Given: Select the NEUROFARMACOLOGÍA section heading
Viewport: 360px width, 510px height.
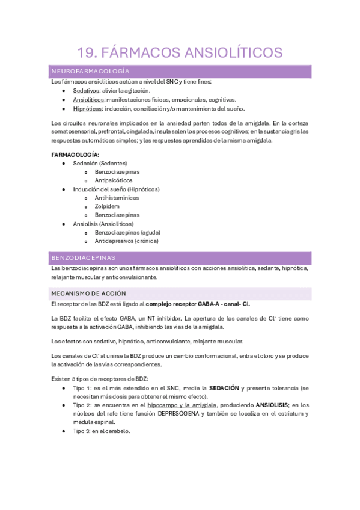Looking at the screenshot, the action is coord(90,71).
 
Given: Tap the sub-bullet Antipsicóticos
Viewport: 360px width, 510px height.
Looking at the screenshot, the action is coord(114,180).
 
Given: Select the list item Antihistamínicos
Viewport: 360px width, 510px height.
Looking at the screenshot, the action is coord(117,197).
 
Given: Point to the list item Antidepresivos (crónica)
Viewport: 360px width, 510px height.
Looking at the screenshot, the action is coord(126,241).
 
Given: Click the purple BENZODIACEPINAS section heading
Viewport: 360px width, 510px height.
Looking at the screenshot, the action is coord(84,257).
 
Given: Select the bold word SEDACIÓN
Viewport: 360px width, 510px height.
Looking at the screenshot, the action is coord(224,388).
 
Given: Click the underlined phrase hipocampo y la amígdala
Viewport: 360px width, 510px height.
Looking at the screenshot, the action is coord(183,405).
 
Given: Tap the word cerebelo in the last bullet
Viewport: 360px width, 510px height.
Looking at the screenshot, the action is coord(117,431).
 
